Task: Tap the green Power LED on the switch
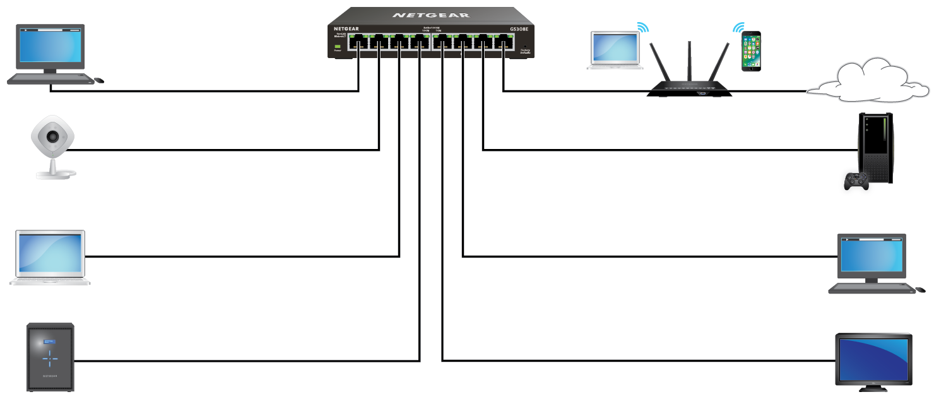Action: tap(338, 46)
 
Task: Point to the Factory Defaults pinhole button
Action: tap(525, 45)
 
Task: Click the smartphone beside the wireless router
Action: tap(751, 51)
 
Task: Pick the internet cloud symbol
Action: tap(866, 80)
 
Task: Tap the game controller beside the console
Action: tap(855, 181)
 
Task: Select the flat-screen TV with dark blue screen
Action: tap(873, 359)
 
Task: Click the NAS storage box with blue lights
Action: tap(50, 357)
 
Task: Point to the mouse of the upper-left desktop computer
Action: tap(99, 80)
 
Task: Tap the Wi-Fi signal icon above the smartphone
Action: tap(738, 27)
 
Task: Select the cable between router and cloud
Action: tap(770, 92)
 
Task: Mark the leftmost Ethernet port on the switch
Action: tap(358, 44)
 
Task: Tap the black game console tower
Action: tap(876, 148)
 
